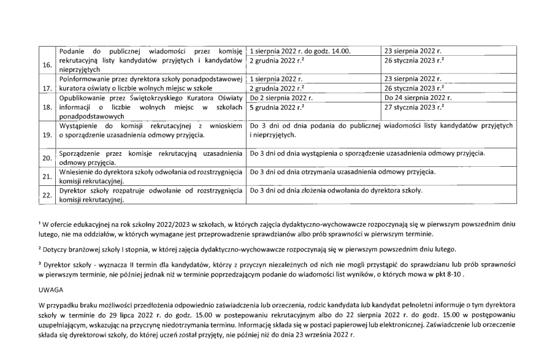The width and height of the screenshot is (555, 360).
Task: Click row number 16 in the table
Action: coord(47,64)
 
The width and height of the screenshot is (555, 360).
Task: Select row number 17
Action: coord(47,88)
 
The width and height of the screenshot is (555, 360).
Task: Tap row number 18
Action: coord(47,107)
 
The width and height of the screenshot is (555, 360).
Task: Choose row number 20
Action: coord(47,158)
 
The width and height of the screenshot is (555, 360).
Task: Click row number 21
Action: coord(47,177)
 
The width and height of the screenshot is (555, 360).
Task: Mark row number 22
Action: coord(47,196)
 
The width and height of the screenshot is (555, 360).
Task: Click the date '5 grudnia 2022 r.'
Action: coord(277,106)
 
